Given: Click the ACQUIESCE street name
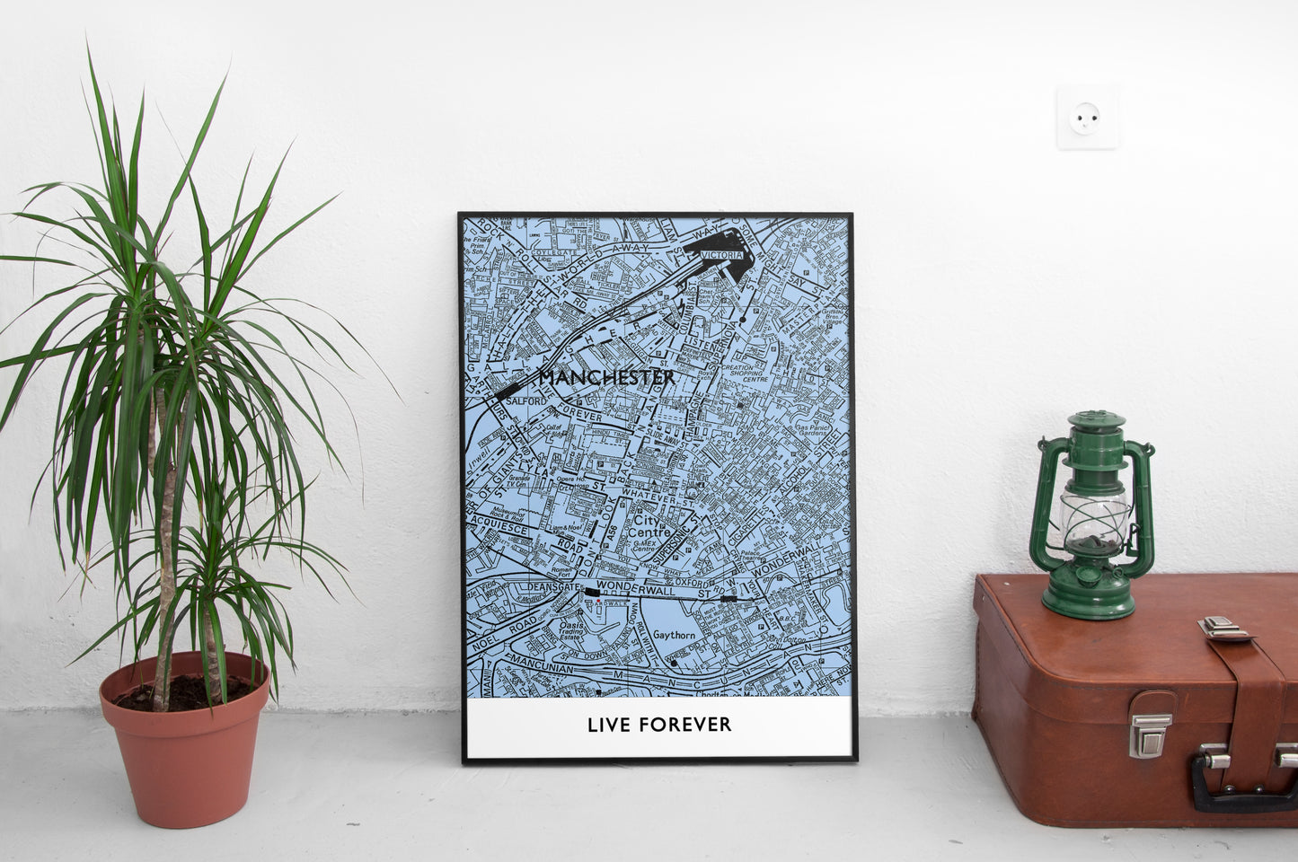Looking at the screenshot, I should point(492,530).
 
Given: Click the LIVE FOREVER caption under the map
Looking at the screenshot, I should point(659,724).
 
